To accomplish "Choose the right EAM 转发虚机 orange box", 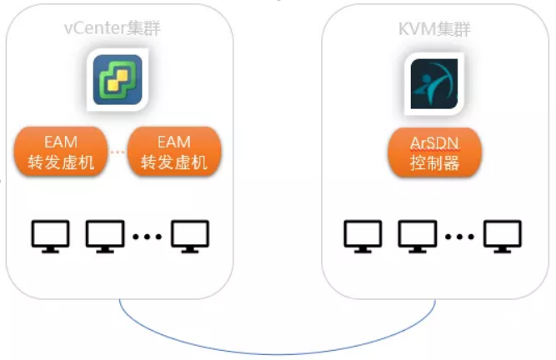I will coord(173,151).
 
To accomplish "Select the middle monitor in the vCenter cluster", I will coord(105,235).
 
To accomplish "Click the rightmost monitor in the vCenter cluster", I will coord(191,235).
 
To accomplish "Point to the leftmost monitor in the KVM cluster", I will coord(363,235).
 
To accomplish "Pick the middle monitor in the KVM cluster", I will coord(418,235).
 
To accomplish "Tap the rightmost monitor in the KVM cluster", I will coord(503,235).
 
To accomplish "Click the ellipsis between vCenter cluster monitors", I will coord(148,237).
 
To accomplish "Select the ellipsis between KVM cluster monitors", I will coord(459,237).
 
